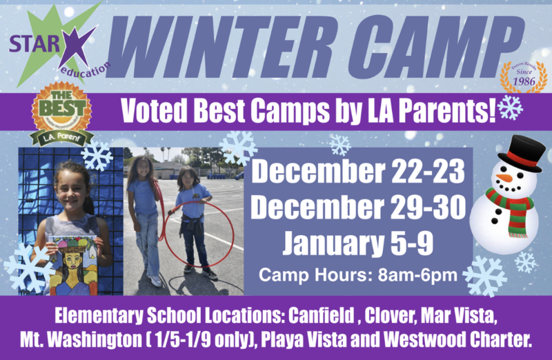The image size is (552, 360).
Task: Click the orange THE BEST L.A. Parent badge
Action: pos(63,112)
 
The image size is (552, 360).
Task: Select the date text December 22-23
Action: pos(359,172)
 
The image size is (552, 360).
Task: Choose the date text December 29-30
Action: pos(359,207)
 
